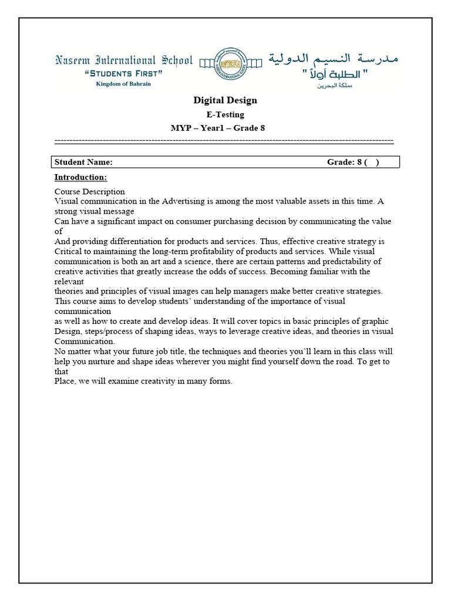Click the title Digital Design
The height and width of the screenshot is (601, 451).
pyautogui.click(x=225, y=100)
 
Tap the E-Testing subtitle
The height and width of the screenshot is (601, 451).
pyautogui.click(x=225, y=114)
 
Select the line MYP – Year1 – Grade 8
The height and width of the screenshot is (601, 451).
pyautogui.click(x=217, y=129)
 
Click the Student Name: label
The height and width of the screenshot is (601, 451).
pyautogui.click(x=83, y=163)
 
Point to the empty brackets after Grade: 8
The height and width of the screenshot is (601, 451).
pyautogui.click(x=371, y=163)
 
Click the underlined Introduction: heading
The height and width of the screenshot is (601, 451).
pyautogui.click(x=80, y=177)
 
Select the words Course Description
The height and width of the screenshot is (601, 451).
pyautogui.click(x=89, y=191)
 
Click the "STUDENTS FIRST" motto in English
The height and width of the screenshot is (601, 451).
pyautogui.click(x=123, y=73)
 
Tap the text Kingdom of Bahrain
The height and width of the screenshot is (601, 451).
pyautogui.click(x=123, y=84)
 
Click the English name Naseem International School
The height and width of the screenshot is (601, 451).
pyautogui.click(x=123, y=60)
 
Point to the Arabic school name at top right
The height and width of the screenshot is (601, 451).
pyautogui.click(x=334, y=59)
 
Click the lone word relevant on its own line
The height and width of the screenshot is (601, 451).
pyautogui.click(x=69, y=281)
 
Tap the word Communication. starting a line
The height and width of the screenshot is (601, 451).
pyautogui.click(x=85, y=341)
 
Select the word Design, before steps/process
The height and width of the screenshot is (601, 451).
pyautogui.click(x=68, y=331)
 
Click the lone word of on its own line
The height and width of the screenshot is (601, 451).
pyautogui.click(x=58, y=231)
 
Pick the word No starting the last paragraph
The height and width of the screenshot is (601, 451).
pyautogui.click(x=60, y=351)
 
